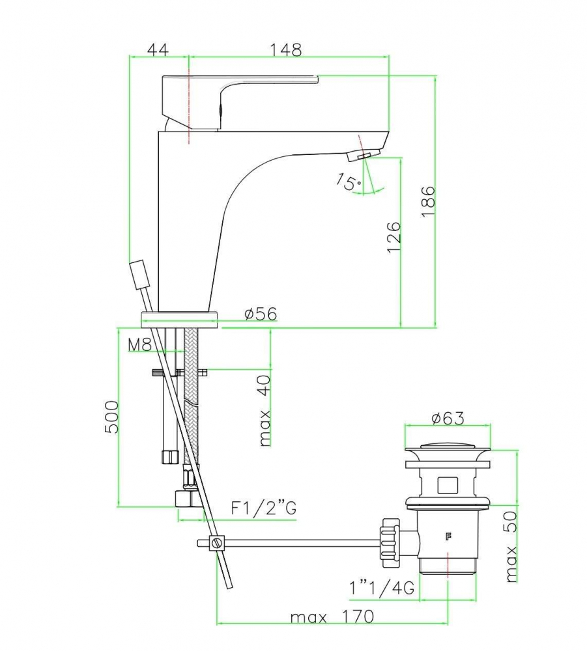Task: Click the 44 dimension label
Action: [x=158, y=50]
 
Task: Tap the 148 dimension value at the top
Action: [x=286, y=50]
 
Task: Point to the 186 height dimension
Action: [x=428, y=201]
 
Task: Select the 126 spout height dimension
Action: [x=394, y=237]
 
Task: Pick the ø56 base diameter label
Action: [x=261, y=314]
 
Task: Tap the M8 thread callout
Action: [x=140, y=344]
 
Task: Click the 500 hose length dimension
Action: [x=111, y=417]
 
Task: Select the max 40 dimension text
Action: [x=265, y=410]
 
